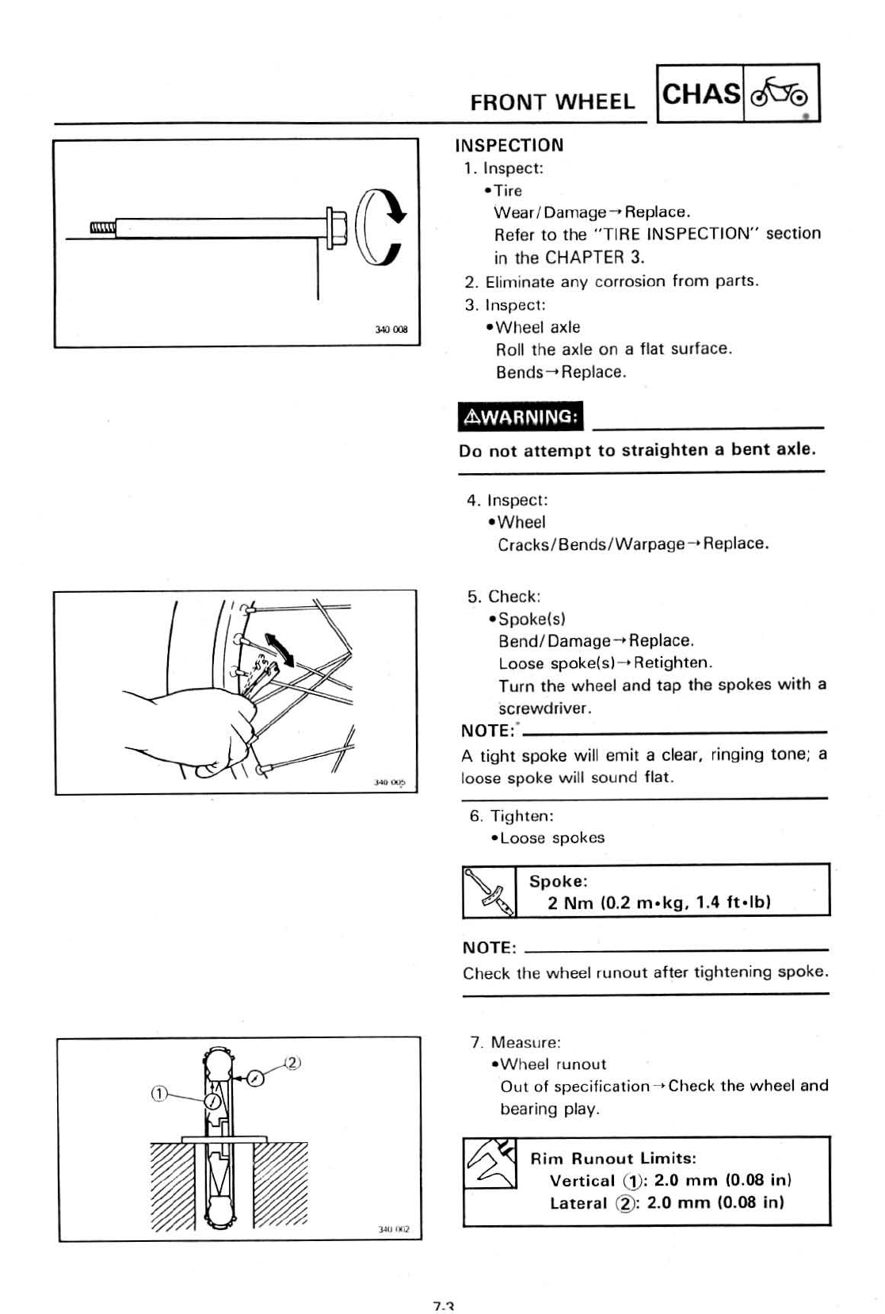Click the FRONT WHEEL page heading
point(552,102)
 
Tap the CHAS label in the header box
point(700,94)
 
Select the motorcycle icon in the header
point(780,94)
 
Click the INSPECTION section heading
point(509,146)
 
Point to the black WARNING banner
point(521,417)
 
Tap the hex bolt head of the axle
point(334,227)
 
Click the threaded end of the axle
point(102,228)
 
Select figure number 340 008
point(391,330)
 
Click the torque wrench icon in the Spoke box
point(489,892)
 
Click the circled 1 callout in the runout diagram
point(158,1094)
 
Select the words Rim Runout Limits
point(613,1159)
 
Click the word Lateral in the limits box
point(578,1203)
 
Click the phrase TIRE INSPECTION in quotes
point(675,234)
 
